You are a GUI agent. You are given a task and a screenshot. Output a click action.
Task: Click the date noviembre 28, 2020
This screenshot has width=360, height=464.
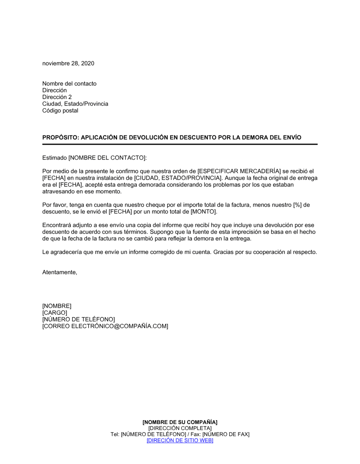click(x=68, y=63)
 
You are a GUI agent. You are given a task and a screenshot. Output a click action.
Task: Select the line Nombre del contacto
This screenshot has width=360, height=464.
click(x=69, y=83)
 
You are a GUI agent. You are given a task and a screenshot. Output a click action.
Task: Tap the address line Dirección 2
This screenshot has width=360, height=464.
click(x=57, y=97)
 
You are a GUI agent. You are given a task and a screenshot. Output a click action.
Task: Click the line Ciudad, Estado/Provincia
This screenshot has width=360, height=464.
click(x=75, y=104)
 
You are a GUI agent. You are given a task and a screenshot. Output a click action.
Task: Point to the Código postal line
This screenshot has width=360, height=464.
click(x=60, y=111)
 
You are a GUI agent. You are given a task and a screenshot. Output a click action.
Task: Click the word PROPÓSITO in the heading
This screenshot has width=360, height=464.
click(x=59, y=137)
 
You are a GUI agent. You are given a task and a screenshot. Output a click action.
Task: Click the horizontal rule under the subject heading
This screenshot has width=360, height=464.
click(x=180, y=144)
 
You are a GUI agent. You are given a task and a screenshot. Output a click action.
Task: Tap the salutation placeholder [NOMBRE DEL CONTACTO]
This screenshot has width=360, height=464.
click(x=107, y=158)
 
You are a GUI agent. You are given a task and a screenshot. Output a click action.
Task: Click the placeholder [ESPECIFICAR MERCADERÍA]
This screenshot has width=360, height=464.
click(x=239, y=171)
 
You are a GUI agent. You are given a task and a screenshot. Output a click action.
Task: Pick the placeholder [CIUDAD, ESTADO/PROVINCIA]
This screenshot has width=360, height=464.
click(x=178, y=178)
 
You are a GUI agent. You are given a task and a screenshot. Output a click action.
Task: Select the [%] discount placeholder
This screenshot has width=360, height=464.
click(x=297, y=205)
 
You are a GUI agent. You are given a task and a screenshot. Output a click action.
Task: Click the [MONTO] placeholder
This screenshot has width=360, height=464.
click(x=203, y=212)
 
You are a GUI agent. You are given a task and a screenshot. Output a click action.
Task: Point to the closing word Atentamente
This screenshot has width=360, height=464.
click(x=59, y=272)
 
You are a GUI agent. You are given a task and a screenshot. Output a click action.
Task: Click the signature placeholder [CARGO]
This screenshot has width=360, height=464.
click(x=55, y=313)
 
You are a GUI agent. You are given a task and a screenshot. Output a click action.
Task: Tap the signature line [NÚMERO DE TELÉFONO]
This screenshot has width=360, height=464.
click(x=78, y=319)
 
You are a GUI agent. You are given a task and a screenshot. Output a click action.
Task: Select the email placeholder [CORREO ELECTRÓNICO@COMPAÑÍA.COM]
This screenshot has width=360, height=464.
click(x=105, y=326)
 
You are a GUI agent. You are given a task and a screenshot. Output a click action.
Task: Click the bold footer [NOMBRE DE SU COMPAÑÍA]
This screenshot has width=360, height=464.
click(x=180, y=422)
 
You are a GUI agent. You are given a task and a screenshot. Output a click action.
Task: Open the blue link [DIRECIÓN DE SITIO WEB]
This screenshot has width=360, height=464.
click(x=180, y=441)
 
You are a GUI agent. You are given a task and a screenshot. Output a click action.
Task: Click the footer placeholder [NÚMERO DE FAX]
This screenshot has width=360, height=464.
click(x=226, y=435)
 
